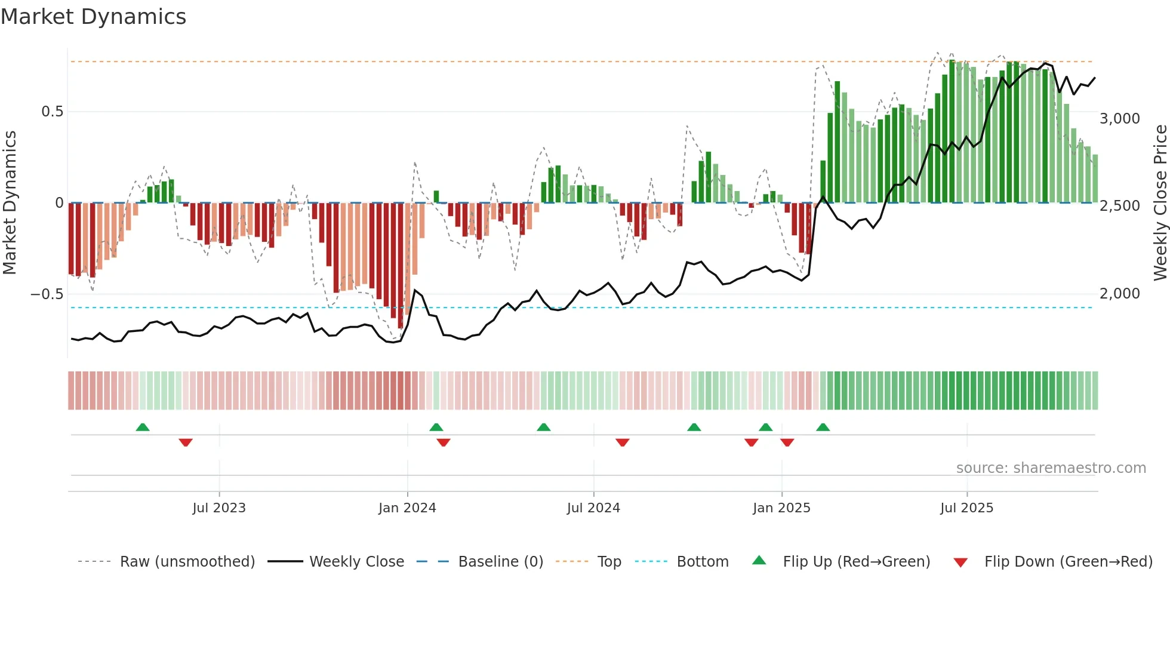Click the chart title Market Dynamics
pos(93,17)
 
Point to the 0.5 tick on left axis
pos(52,112)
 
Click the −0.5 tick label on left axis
pos(47,294)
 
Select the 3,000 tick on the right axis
pos(1119,119)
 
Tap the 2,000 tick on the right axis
pos(1119,294)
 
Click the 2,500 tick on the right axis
pos(1119,206)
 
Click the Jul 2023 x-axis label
pos(219,508)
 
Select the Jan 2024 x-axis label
pos(407,508)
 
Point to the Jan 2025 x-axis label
pos(781,508)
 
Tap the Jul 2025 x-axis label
pos(966,508)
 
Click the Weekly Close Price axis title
pos(1160,203)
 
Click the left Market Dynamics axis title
pos(10,203)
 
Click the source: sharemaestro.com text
pos(1051,468)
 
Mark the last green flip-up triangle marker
pos(823,428)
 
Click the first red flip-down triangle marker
pos(186,442)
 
